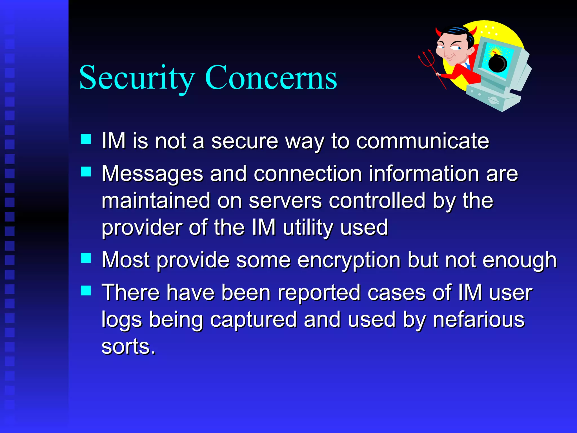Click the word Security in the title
137,77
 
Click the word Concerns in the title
271,77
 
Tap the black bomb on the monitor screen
497,63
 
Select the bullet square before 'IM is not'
86,139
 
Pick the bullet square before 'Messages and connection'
86,171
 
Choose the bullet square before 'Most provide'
86,258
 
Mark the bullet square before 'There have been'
86,290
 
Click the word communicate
423,141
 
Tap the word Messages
152,174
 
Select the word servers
285,201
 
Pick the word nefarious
479,320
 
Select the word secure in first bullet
245,141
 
